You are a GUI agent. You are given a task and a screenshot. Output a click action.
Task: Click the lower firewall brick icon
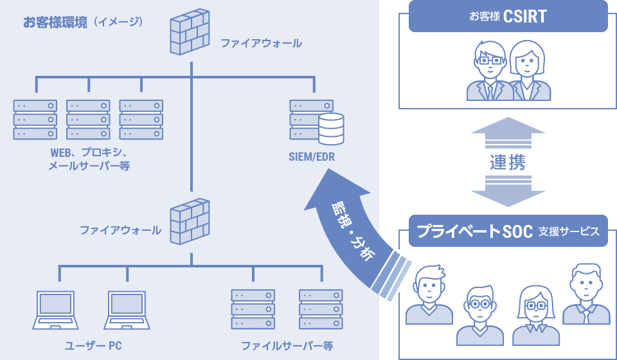coord(190,221)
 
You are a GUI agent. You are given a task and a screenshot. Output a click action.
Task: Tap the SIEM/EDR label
coord(312,157)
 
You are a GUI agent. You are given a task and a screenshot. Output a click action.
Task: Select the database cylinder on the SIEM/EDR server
coord(331,128)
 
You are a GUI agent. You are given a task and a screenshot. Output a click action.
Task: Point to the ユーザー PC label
coord(93,346)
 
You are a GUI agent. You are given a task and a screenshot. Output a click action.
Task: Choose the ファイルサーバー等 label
coord(287,346)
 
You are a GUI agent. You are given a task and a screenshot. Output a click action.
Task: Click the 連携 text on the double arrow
coord(508,163)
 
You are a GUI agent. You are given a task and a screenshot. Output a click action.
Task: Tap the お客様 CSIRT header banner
coord(508,16)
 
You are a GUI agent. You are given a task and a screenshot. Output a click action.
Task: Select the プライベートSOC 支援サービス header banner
coord(508,231)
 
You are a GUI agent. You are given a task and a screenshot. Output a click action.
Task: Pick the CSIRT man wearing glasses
coord(490,72)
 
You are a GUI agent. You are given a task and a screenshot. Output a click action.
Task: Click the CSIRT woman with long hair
coord(530,72)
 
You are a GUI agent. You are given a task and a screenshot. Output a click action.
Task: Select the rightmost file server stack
coord(321,309)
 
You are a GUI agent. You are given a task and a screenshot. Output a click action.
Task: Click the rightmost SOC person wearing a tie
coord(586,296)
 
